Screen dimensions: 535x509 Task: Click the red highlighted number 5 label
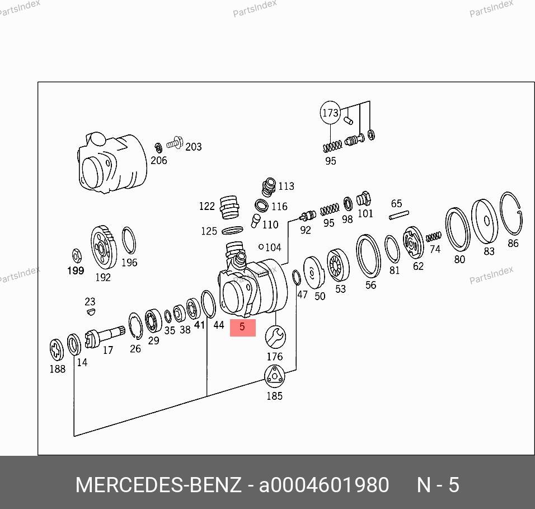click(242, 328)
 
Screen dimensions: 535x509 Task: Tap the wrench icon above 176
click(275, 337)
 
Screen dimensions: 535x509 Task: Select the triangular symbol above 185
click(274, 376)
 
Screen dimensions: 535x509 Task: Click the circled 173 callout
click(330, 113)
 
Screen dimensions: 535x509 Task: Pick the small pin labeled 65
click(399, 215)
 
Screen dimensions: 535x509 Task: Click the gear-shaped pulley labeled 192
click(104, 248)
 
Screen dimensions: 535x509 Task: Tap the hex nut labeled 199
click(77, 256)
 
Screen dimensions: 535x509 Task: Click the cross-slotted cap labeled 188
click(57, 349)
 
